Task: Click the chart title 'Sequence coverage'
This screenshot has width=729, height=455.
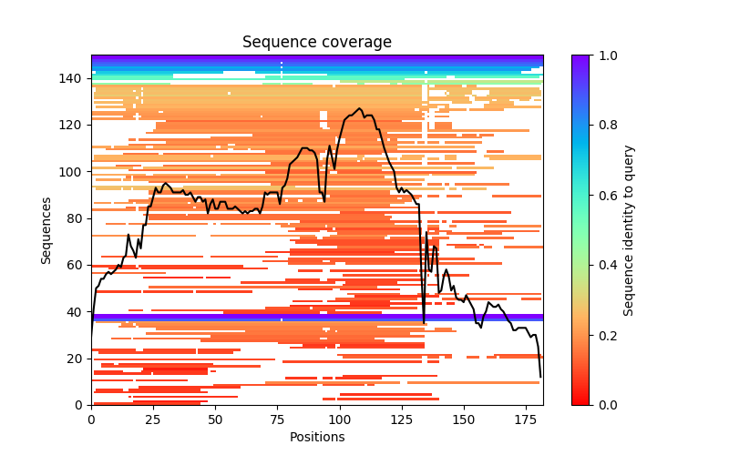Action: coord(316,42)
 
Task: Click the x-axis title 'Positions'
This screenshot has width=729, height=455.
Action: coord(316,437)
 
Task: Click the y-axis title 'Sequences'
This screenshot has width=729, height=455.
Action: coord(46,229)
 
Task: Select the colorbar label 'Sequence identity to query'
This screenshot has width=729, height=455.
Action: coord(630,229)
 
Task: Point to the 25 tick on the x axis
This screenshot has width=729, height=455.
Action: coord(153,405)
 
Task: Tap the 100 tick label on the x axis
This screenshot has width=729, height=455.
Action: coord(340,419)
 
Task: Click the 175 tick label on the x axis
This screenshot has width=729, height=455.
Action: coord(526,419)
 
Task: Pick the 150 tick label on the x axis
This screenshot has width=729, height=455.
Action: coord(464,419)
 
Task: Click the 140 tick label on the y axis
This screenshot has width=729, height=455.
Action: coord(73,78)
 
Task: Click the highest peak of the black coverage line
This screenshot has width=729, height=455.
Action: coord(360,109)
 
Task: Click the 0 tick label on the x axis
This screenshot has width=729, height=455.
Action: coord(91,419)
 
